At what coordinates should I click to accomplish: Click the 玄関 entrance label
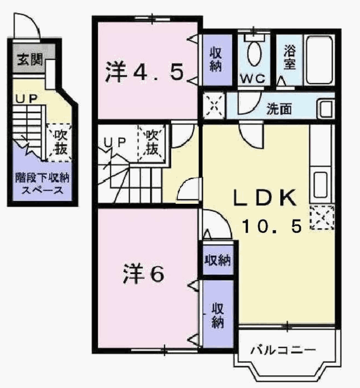coord(30,60)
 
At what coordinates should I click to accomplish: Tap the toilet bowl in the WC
coord(254,53)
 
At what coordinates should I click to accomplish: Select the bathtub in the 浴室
coord(319,60)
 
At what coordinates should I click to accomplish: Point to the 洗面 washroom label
coord(279,108)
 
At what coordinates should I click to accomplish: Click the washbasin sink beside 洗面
coord(326,108)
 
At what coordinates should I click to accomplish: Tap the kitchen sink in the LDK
coord(321,185)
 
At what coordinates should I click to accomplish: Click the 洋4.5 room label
coord(144,72)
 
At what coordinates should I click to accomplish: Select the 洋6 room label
coord(143,273)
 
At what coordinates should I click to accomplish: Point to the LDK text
coord(265,198)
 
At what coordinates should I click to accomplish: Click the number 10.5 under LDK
coord(272,226)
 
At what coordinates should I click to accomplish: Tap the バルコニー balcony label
coord(283,350)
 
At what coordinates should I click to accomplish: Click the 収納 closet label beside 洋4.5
coord(216,60)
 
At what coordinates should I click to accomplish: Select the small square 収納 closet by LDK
coord(218,260)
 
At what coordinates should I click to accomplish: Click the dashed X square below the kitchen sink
coord(322,217)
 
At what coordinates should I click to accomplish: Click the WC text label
coord(252,79)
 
